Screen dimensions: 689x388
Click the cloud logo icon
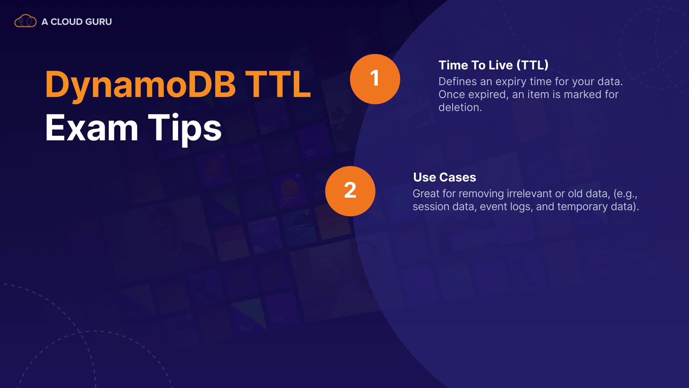point(25,21)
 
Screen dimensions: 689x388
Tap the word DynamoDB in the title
point(140,85)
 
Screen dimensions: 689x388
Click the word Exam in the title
point(92,128)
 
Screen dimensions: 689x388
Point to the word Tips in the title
point(185,129)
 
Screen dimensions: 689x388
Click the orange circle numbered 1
point(375,79)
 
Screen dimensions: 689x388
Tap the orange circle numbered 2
point(350,191)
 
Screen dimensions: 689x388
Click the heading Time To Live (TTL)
point(493,65)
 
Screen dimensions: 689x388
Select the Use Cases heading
point(445,177)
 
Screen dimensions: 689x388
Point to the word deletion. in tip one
point(460,107)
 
